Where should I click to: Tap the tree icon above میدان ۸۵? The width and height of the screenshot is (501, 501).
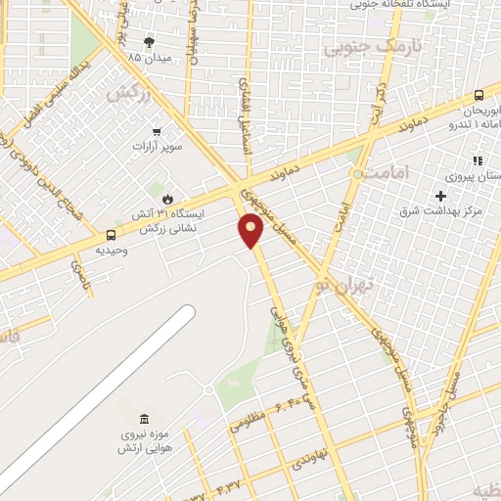click(x=149, y=42)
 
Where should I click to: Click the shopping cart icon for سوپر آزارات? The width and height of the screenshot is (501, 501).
click(x=157, y=131)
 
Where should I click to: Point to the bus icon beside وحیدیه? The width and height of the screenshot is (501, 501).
click(x=111, y=235)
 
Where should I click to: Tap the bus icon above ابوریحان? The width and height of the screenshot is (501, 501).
click(x=478, y=96)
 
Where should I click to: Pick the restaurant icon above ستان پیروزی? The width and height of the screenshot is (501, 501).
click(x=478, y=160)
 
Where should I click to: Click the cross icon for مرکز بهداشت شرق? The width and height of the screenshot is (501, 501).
click(x=441, y=196)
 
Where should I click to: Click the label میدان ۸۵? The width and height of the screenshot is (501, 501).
click(x=148, y=57)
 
